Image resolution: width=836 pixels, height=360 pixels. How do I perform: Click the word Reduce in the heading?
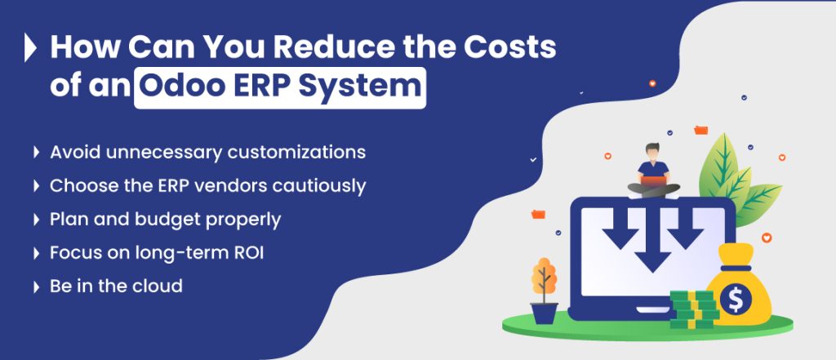pos(327,48)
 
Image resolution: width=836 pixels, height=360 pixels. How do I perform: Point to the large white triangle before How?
pos(30,48)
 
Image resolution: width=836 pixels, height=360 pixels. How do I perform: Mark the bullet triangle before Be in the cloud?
pos(36,287)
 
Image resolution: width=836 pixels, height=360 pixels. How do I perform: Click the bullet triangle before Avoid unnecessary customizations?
pos(36,153)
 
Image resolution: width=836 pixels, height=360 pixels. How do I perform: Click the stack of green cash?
pos(691,309)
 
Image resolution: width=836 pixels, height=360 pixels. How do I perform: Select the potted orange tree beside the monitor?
pos(544,290)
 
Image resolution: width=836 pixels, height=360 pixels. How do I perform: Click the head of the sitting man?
pos(653,152)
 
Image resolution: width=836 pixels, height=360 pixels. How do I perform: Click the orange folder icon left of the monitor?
pos(537,214)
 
